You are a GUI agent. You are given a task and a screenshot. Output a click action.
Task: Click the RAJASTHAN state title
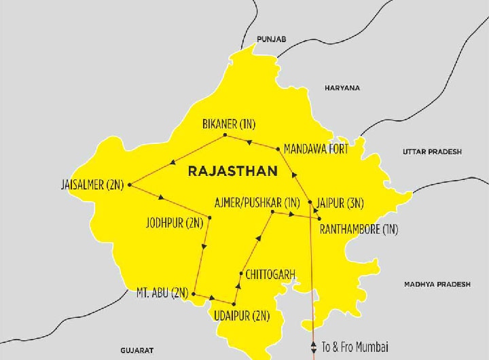point(232,171)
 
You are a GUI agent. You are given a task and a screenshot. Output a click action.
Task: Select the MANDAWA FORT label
point(316,149)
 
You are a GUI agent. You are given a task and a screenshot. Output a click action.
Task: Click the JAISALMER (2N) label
point(92,185)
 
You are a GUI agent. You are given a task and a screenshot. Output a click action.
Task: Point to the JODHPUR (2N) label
point(175,222)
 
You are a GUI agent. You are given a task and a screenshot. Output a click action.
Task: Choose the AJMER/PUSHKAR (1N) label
point(257,202)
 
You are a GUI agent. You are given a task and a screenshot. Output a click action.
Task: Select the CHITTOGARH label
point(270,274)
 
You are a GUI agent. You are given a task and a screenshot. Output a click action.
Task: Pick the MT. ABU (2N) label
point(162,293)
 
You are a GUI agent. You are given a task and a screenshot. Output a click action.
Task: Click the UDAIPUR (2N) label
point(241,316)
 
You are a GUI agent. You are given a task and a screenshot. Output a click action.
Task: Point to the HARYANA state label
point(342,88)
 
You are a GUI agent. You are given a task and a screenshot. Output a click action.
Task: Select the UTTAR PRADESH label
point(432,151)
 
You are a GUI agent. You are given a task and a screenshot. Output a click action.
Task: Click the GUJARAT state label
point(137,350)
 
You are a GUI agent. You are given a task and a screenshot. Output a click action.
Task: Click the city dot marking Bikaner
point(225,136)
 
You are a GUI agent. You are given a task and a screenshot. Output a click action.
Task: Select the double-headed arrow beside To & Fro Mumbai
point(313,346)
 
